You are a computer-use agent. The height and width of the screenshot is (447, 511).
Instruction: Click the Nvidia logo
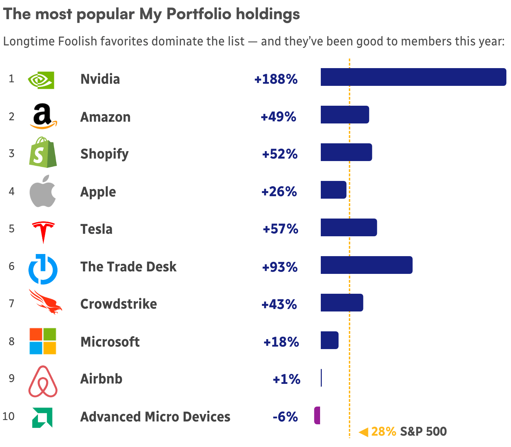(41, 80)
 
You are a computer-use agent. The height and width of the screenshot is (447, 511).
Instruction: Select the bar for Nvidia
(413, 77)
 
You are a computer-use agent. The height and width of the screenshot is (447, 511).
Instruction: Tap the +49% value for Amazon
(278, 117)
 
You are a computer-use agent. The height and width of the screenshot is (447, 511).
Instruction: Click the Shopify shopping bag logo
(43, 152)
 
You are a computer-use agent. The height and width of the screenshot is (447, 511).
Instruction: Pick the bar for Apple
(334, 190)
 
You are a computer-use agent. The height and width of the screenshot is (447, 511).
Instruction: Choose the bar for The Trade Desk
(366, 265)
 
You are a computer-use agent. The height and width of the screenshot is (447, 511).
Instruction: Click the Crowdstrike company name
(119, 304)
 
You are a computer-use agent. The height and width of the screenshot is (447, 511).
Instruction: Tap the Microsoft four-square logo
(43, 341)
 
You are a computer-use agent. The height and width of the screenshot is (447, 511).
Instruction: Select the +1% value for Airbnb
(286, 379)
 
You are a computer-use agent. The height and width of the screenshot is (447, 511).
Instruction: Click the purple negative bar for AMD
(317, 415)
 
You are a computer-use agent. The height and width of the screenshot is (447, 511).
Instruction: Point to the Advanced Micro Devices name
(155, 417)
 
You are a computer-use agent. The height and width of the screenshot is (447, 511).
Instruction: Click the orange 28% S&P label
(383, 431)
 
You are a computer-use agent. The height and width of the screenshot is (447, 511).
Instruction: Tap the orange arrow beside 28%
(364, 432)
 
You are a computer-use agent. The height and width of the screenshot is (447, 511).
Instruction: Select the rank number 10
(9, 416)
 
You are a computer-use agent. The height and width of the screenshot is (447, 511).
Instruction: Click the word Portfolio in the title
(199, 14)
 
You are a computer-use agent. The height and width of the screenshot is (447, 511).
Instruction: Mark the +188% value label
(276, 79)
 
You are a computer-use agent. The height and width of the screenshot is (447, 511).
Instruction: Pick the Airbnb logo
(43, 381)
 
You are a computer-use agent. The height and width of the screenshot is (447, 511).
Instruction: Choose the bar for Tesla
(349, 227)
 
